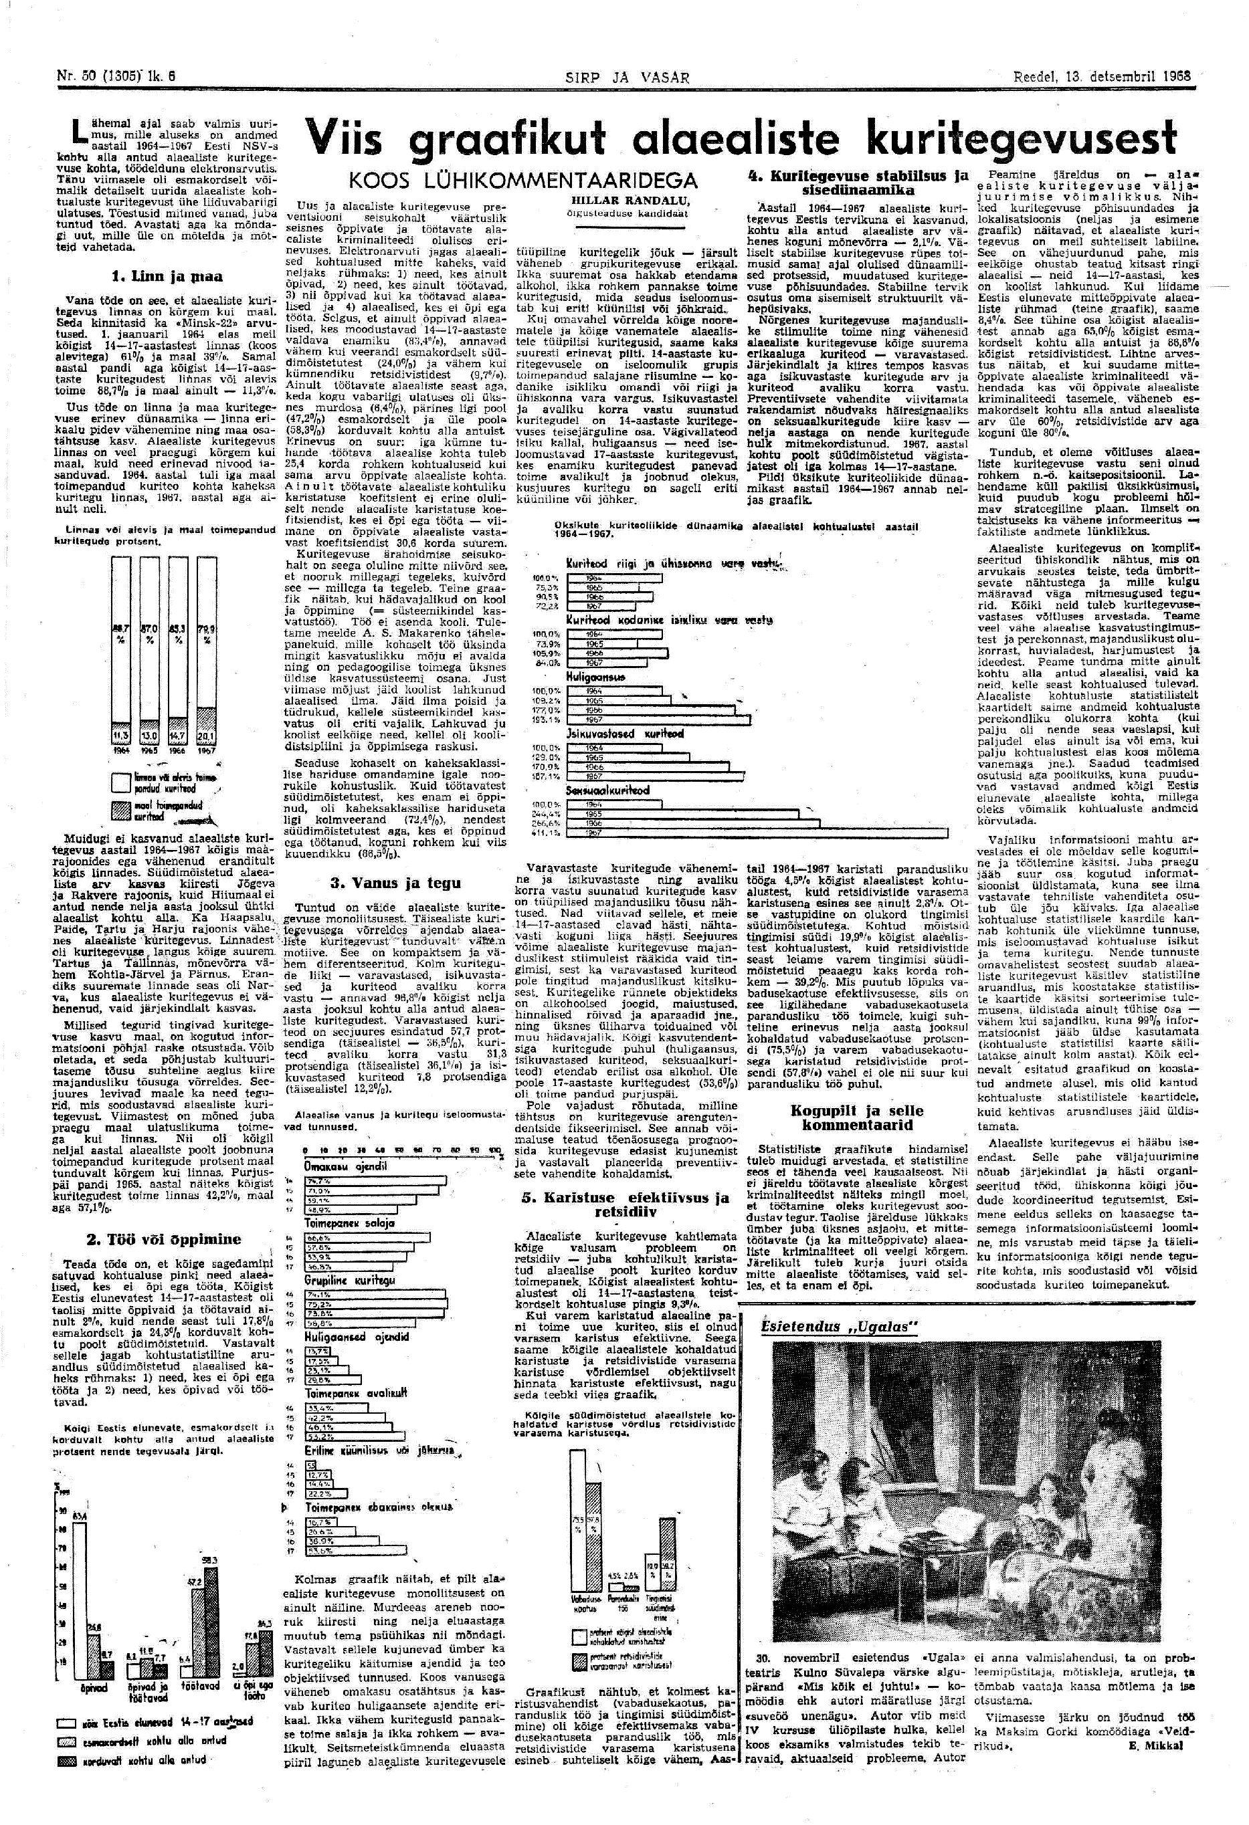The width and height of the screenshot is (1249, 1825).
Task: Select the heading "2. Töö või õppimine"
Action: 163,1239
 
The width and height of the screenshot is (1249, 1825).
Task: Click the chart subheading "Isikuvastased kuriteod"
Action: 626,734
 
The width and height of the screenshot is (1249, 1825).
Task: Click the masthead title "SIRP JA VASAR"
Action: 627,78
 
